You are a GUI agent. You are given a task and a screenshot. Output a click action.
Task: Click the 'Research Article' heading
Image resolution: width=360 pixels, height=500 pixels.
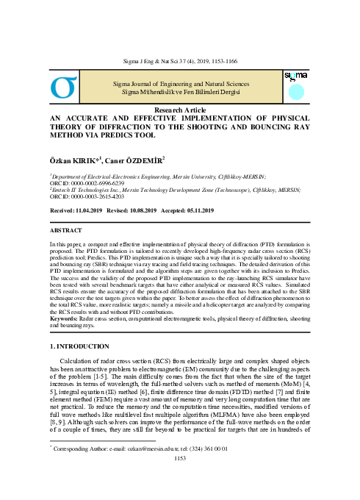coord(180,109)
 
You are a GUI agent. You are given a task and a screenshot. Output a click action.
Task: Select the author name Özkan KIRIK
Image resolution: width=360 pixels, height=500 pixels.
coord(74,160)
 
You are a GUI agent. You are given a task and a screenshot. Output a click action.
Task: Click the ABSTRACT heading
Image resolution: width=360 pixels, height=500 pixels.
coord(65,229)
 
